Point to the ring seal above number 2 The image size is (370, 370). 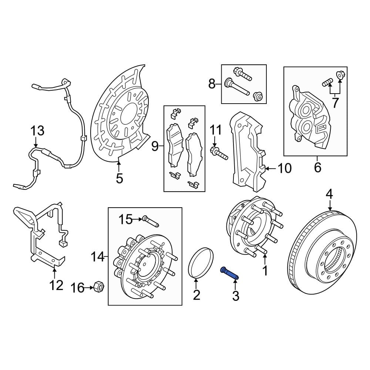click(201, 263)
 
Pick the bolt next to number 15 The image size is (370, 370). click(150, 221)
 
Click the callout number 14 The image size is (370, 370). click(98, 256)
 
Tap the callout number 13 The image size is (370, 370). click(37, 131)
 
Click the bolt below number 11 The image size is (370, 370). click(218, 153)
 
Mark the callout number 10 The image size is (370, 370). click(285, 169)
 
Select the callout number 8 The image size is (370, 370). click(211, 84)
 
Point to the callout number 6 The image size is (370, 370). click(317, 168)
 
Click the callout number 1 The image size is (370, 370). click(265, 271)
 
